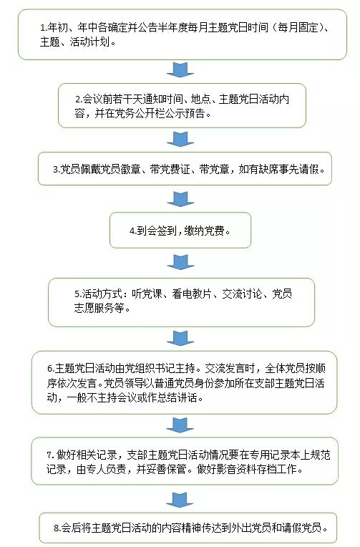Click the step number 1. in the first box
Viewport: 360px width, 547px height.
pyautogui.click(x=44, y=27)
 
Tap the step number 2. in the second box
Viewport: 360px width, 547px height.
pyautogui.click(x=79, y=100)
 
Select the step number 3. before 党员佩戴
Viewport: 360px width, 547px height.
pyautogui.click(x=57, y=170)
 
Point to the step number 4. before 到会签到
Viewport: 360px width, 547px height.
pyautogui.click(x=133, y=231)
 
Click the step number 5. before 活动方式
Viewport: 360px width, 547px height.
pyautogui.click(x=78, y=294)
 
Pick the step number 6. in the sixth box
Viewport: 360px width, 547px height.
pyautogui.click(x=51, y=369)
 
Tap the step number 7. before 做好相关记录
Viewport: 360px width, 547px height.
pyautogui.click(x=50, y=455)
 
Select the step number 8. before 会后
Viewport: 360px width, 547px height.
pyautogui.click(x=57, y=528)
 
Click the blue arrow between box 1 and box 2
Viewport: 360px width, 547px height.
pyautogui.click(x=180, y=69)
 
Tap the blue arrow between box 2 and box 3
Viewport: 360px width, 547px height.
pyautogui.click(x=180, y=139)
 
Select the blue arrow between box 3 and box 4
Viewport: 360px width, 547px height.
pyautogui.click(x=180, y=199)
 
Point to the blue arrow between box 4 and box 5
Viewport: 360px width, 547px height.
pyautogui.click(x=180, y=262)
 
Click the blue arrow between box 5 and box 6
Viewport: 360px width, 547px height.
pyautogui.click(x=180, y=339)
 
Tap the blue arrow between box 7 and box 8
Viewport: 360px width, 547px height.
pyautogui.click(x=180, y=500)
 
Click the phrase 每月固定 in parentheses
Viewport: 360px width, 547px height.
pyautogui.click(x=298, y=27)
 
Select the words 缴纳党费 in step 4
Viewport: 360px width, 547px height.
pyautogui.click(x=205, y=231)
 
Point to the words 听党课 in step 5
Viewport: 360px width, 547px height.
pyautogui.click(x=147, y=294)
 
